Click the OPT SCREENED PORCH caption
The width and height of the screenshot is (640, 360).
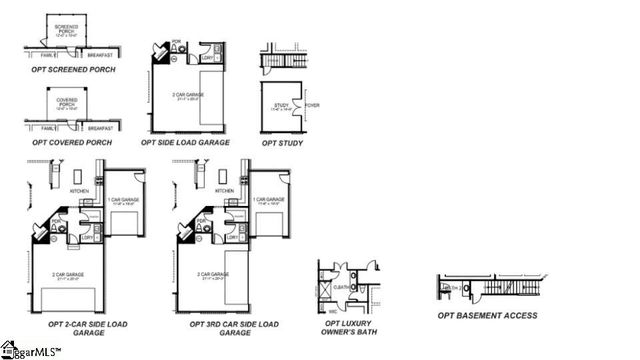click(73, 69)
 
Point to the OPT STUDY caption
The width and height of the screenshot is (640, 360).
click(283, 142)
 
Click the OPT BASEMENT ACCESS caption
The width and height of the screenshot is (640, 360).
click(487, 315)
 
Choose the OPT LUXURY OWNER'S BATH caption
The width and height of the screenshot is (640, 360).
click(345, 328)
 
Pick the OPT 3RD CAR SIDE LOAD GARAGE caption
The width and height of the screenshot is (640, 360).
click(234, 328)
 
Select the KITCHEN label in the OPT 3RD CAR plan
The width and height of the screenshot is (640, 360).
click(225, 191)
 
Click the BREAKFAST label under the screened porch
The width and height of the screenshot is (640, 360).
click(99, 55)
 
